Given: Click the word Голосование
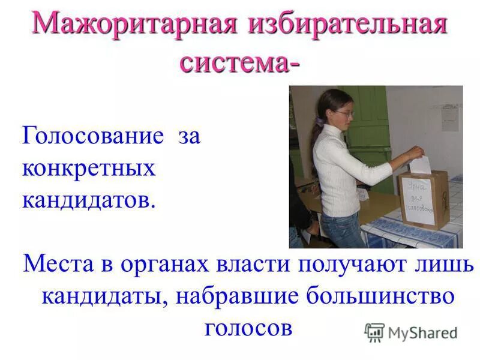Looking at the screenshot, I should [x=93, y=137].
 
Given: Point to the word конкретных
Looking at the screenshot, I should [x=89, y=169].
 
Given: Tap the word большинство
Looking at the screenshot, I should [x=378, y=296].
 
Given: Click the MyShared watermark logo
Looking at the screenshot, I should [x=412, y=332].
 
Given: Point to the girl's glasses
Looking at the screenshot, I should [x=347, y=113].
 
